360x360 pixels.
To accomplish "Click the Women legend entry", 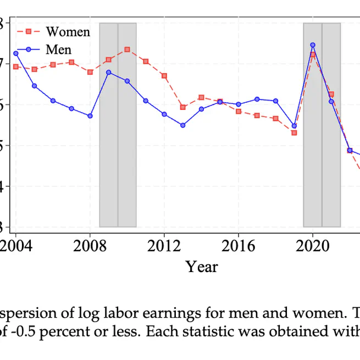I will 68,32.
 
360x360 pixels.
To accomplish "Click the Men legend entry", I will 58,50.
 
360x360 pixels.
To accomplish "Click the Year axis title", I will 202,267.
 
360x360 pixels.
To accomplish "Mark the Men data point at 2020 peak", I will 313,45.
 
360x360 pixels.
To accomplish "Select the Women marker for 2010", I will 127,49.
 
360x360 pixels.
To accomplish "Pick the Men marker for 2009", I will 109,72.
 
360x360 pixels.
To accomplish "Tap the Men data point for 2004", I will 16,53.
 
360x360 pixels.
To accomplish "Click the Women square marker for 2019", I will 294,132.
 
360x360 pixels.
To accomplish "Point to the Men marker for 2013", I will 183,125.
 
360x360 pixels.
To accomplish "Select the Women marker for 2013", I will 183,107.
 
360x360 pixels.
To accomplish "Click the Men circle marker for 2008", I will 90,116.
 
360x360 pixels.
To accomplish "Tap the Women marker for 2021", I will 331,94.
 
